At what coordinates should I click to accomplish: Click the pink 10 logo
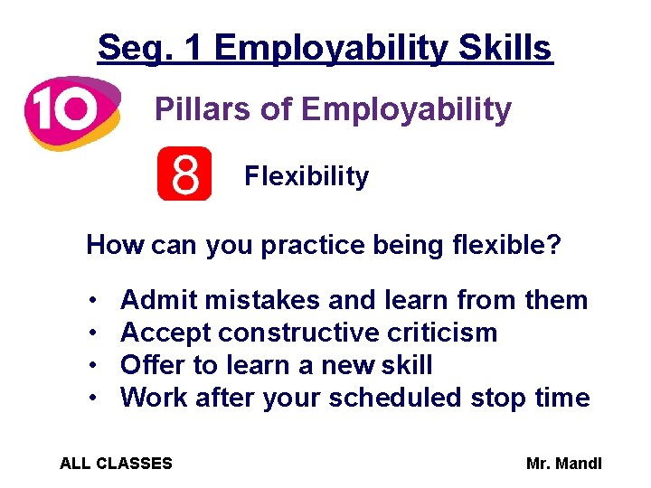tap(71, 111)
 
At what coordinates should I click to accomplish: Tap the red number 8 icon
tap(184, 174)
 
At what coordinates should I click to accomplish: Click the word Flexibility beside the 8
tap(307, 176)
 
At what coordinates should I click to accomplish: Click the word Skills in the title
tap(508, 47)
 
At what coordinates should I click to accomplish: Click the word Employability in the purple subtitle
tap(406, 110)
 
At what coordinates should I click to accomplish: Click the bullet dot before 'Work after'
tap(94, 399)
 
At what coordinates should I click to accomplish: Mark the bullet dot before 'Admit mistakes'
tap(94, 301)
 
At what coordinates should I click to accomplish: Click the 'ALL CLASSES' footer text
tap(116, 464)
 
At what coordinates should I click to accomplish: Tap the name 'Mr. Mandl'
tap(564, 464)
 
